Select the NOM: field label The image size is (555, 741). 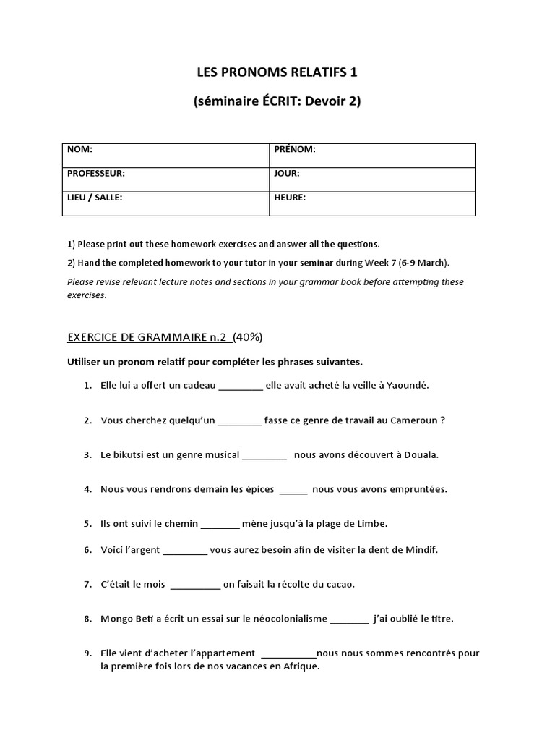pos(80,150)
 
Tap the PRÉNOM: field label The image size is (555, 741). pos(295,150)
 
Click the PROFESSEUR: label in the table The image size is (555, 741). pos(96,174)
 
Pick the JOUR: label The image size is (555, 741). pos(287,174)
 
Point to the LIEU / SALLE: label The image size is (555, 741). pos(95,197)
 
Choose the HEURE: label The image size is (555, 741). pos(290,197)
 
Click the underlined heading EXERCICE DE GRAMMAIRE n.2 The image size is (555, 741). pos(147,336)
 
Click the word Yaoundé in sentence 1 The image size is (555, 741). pos(408,385)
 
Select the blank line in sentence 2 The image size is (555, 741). pos(240,421)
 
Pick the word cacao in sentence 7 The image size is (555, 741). pos(340,584)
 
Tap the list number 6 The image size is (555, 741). pos(87,549)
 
